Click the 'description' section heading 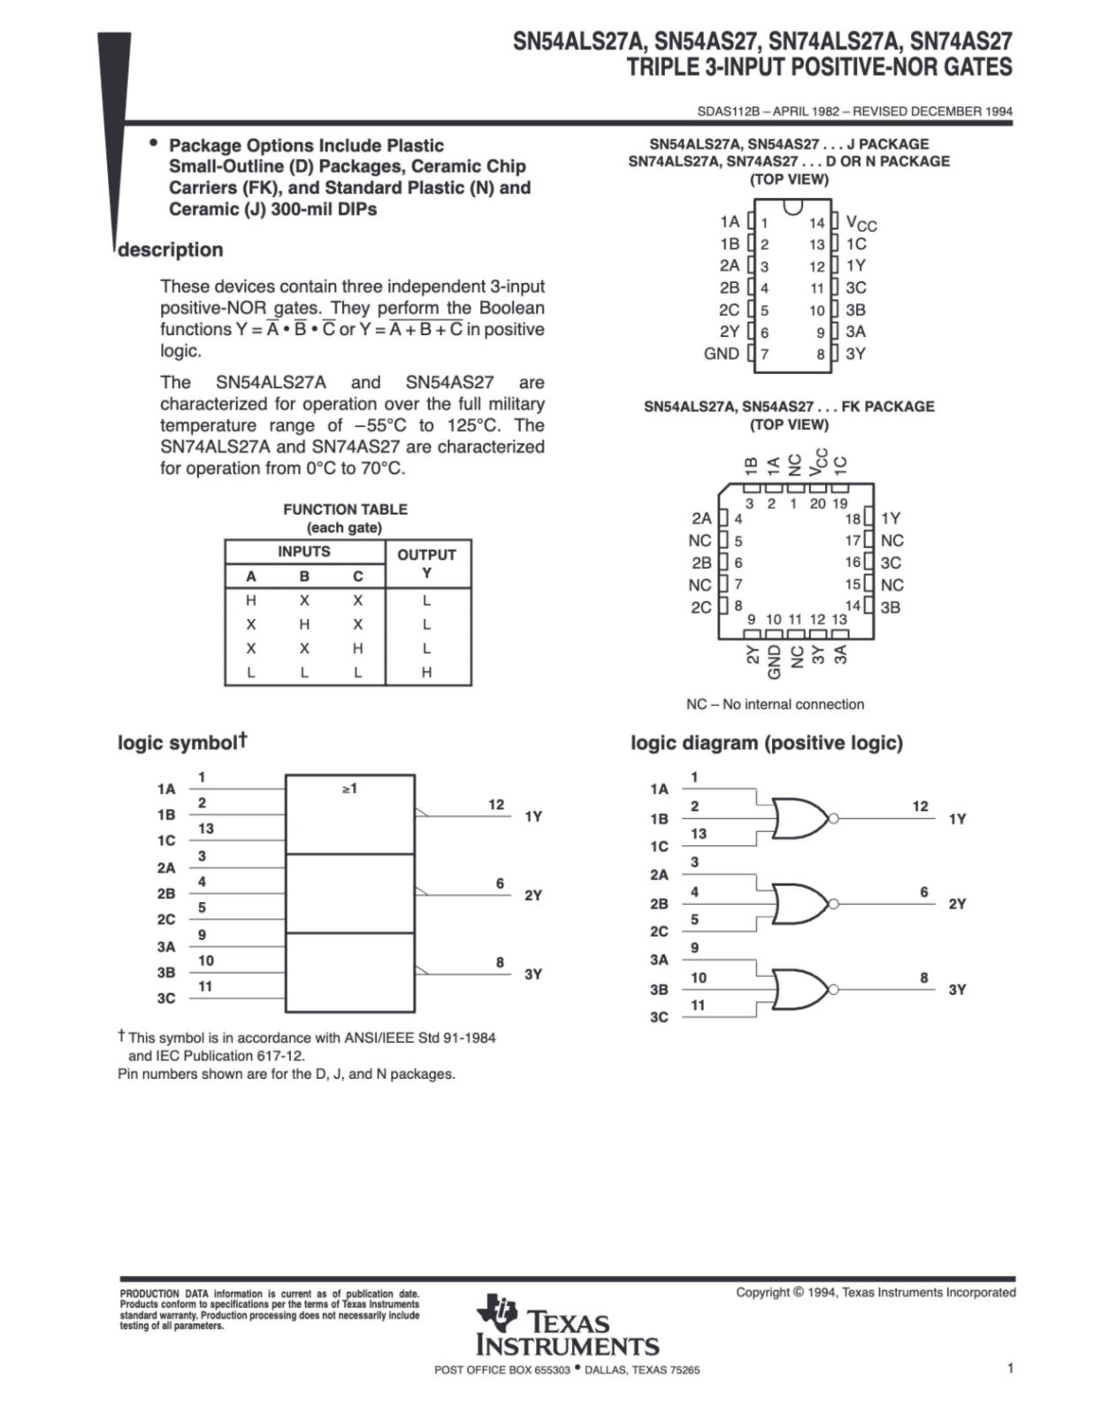[171, 250]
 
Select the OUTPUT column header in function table [426, 555]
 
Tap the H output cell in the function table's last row [426, 672]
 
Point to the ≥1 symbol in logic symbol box [350, 788]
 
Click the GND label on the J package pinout [721, 354]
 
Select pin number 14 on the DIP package [816, 223]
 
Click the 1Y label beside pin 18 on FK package [891, 518]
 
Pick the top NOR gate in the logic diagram [801, 818]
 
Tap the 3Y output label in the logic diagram [957, 990]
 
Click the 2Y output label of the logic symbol [533, 895]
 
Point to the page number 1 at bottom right [1010, 1368]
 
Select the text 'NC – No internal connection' [775, 704]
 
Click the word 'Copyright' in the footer [762, 1292]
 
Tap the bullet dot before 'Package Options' [154, 142]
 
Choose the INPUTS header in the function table [303, 551]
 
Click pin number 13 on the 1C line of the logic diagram [698, 833]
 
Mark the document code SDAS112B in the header [727, 111]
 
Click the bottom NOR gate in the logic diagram [801, 989]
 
